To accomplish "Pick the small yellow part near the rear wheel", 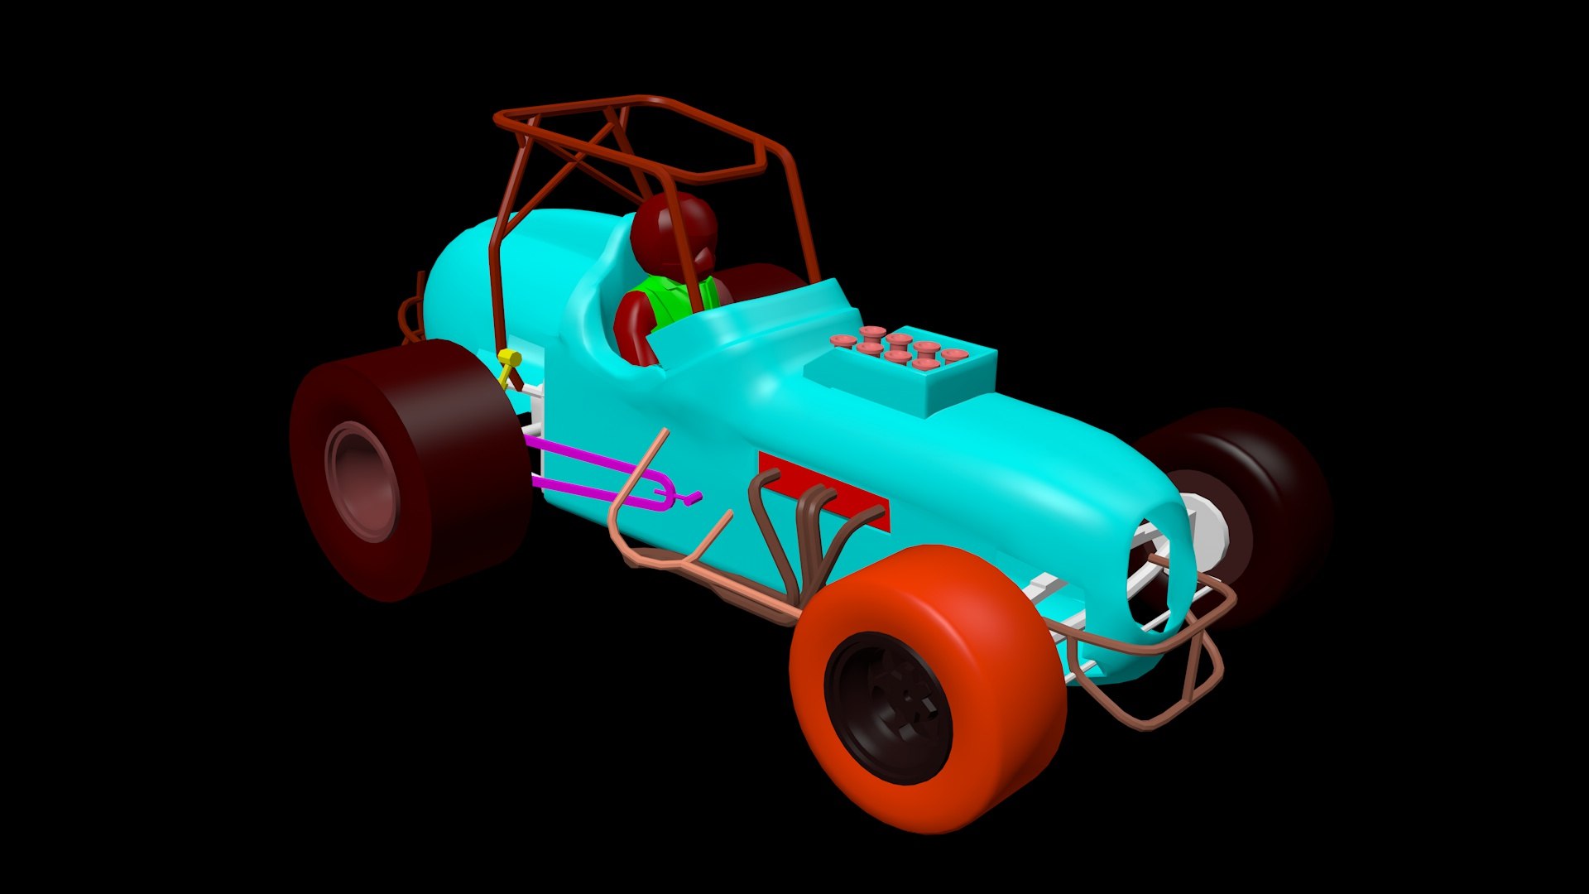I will [x=508, y=361].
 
